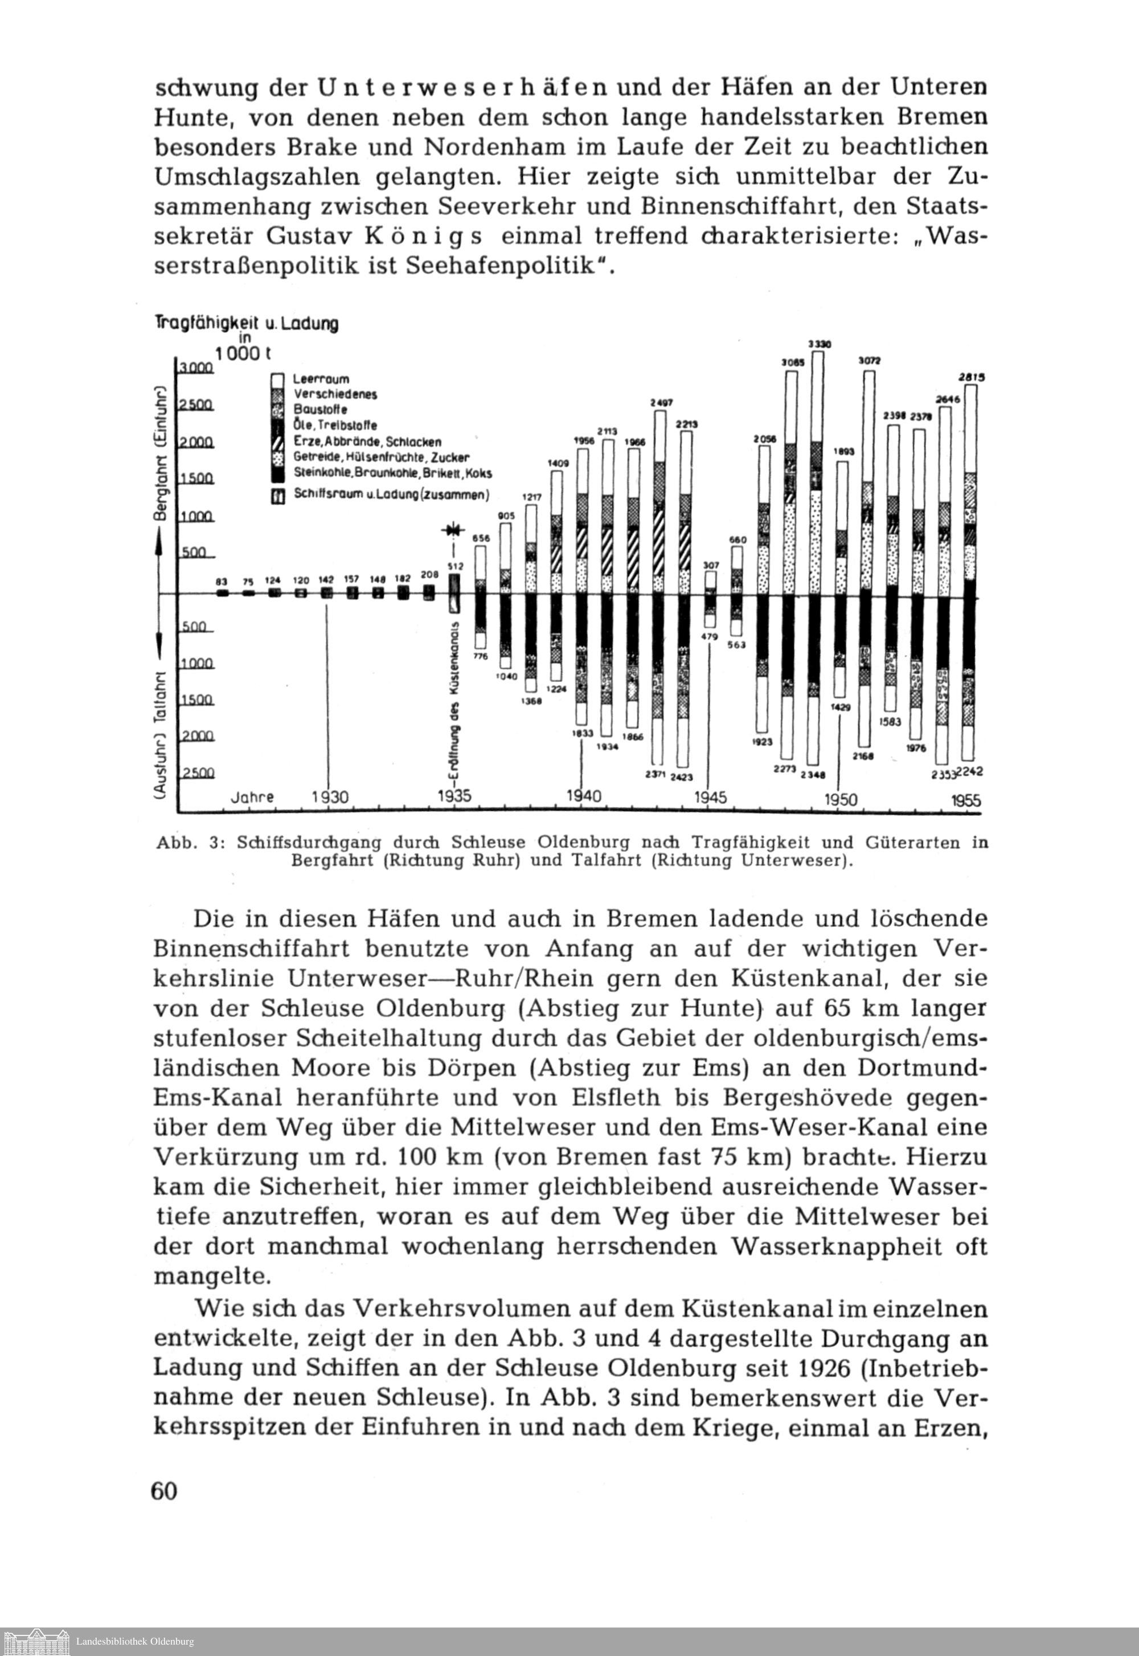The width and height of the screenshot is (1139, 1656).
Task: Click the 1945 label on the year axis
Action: point(711,798)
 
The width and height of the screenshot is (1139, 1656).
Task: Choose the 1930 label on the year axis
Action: point(330,798)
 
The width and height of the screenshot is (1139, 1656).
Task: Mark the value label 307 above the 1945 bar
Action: point(711,565)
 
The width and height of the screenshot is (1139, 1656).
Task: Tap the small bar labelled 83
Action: point(222,592)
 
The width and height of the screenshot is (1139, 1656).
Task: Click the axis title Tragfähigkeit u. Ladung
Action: point(247,324)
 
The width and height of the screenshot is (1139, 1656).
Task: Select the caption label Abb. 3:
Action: point(191,843)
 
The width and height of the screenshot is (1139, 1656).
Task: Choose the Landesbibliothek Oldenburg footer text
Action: point(135,1642)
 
